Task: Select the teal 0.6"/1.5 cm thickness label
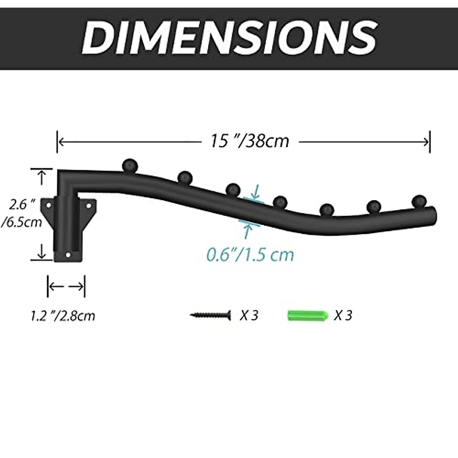pyautogui.click(x=250, y=254)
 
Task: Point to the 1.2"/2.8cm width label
pyautogui.click(x=63, y=316)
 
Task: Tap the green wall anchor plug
pyautogui.click(x=308, y=315)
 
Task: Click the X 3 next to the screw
pyautogui.click(x=249, y=316)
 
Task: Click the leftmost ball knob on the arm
pyautogui.click(x=130, y=165)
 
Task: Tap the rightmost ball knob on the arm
pyautogui.click(x=420, y=201)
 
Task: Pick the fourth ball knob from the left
pyautogui.click(x=280, y=202)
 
